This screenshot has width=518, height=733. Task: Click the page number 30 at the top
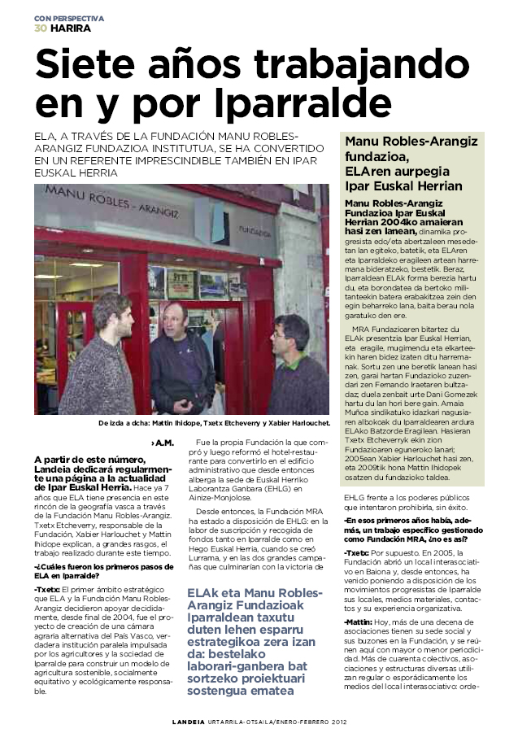[40, 28]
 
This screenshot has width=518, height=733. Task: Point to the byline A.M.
[163, 443]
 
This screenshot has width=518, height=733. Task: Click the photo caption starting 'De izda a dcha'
[214, 423]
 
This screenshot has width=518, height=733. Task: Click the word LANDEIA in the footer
[191, 721]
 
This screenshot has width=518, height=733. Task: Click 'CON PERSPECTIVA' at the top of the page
[69, 17]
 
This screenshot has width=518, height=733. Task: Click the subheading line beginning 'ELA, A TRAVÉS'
[163, 136]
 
